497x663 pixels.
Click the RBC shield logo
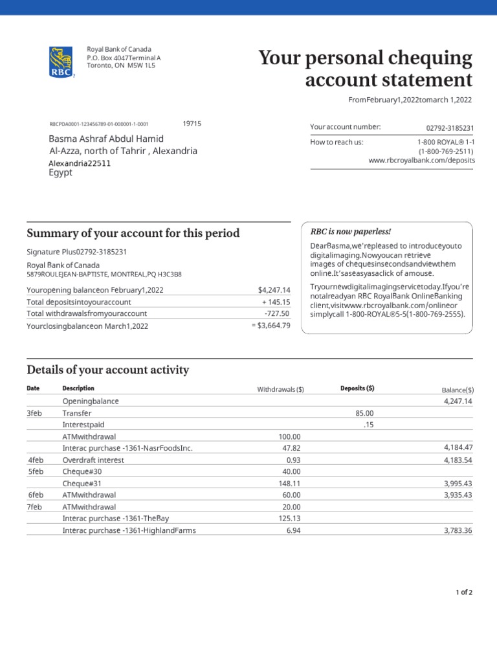click(x=61, y=62)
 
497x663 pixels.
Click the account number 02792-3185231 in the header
click(x=450, y=128)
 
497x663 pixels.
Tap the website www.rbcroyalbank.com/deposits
click(x=421, y=160)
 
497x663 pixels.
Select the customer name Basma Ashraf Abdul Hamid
click(x=107, y=139)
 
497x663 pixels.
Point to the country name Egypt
click(x=61, y=173)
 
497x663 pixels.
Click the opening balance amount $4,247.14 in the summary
click(x=274, y=289)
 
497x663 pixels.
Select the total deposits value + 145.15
click(x=276, y=302)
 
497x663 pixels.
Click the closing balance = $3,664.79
click(x=271, y=326)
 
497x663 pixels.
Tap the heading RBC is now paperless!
click(x=351, y=231)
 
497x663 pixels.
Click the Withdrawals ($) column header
click(x=280, y=389)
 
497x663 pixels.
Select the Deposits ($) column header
click(x=357, y=388)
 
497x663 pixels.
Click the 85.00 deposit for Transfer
click(x=364, y=413)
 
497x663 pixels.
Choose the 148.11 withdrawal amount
click(x=289, y=483)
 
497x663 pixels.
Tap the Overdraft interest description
click(x=93, y=460)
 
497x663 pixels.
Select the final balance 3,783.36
click(x=458, y=530)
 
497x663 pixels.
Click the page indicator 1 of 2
click(x=464, y=592)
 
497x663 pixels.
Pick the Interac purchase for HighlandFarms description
click(x=129, y=530)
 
